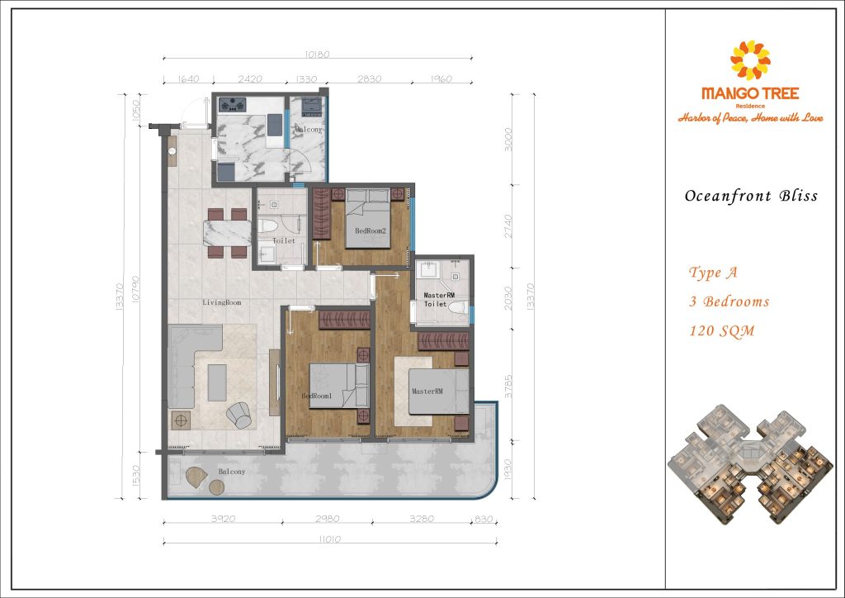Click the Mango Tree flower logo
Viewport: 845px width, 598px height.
click(750, 59)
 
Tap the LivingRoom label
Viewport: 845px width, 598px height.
click(222, 302)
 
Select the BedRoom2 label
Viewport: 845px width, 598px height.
click(371, 230)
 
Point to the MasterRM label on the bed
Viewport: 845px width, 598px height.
click(427, 391)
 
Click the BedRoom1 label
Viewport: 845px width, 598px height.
click(316, 396)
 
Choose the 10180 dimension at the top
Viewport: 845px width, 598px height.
click(317, 55)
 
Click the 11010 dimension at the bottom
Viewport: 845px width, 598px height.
click(330, 539)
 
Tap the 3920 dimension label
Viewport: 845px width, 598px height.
click(223, 519)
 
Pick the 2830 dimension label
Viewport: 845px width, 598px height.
click(369, 78)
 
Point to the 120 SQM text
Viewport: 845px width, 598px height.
click(722, 330)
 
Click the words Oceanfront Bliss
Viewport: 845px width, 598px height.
click(751, 196)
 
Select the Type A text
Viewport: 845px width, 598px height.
click(713, 273)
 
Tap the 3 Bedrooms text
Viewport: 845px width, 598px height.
click(729, 301)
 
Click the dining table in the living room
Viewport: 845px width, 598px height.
click(227, 233)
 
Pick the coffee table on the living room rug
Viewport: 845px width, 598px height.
click(217, 382)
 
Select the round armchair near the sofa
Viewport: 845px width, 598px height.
click(238, 415)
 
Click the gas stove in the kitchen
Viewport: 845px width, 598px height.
click(232, 104)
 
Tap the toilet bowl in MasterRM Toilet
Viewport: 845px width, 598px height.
click(457, 308)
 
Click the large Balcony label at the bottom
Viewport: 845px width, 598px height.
click(232, 472)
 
